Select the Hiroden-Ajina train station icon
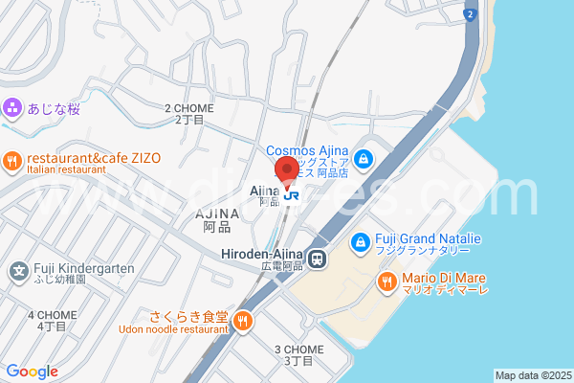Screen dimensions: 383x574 tap(318, 257)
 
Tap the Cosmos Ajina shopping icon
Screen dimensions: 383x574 tap(364, 158)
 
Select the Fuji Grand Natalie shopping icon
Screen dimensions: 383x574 tap(360, 242)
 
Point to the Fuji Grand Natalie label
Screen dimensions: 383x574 tap(428, 237)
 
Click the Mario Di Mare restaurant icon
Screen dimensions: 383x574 tap(386, 281)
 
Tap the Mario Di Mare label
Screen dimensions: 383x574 tap(444, 277)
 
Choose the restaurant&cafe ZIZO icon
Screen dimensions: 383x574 tap(12, 161)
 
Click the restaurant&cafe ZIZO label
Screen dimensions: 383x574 tap(93, 158)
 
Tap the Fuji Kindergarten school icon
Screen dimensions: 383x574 tap(18, 271)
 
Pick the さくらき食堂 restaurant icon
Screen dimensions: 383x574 tap(243, 321)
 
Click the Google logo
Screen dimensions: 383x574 tap(32, 372)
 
